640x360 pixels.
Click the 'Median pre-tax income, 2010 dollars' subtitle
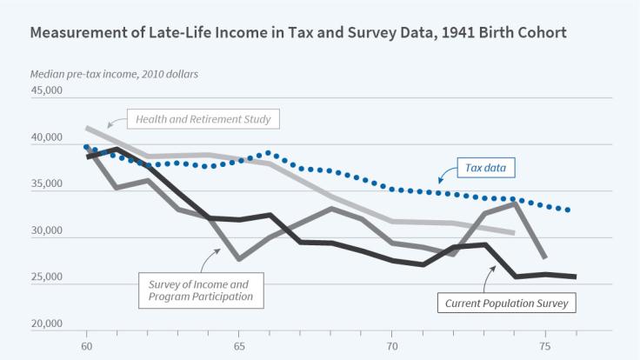pos(114,73)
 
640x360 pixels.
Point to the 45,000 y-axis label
pos(48,90)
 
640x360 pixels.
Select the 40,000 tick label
pos(48,137)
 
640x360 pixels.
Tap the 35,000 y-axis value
pos(48,184)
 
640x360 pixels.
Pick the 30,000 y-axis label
pos(48,231)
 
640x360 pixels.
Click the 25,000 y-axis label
pos(48,278)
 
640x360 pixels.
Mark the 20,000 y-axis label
pos(48,325)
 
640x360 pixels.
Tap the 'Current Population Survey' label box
pos(506,303)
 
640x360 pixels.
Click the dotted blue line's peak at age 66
pos(270,153)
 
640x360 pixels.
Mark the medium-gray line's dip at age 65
pos(239,259)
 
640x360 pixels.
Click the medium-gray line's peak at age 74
pos(514,203)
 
